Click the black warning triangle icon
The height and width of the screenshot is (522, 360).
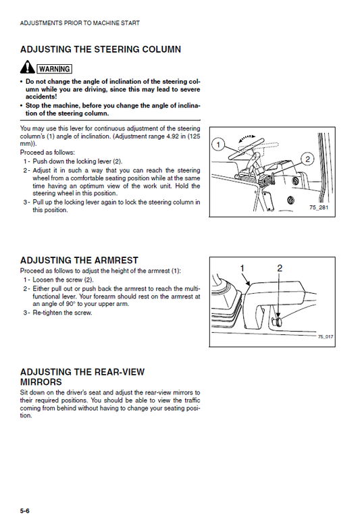point(27,68)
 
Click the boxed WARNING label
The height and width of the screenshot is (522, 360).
point(54,69)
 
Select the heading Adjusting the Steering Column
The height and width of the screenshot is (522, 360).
point(101,49)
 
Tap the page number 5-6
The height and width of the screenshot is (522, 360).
point(24,511)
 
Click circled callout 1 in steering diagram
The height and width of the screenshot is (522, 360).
point(218,145)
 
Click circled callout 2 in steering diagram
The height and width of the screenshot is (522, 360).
point(307,159)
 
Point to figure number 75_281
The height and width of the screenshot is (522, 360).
point(319,207)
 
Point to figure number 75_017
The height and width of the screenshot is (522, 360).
point(325,336)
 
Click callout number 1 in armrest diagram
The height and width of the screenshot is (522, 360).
point(242,268)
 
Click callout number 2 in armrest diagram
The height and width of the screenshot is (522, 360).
point(280,268)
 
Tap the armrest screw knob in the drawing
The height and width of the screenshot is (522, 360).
point(277,322)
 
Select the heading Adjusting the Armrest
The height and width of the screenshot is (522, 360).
point(79,260)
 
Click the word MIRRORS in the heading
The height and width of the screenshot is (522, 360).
point(41,382)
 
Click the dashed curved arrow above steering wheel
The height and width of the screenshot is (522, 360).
point(247,138)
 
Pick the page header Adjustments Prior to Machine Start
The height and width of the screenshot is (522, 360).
point(80,23)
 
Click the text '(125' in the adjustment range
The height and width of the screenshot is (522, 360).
point(194,136)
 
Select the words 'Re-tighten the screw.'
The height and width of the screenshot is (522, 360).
point(62,313)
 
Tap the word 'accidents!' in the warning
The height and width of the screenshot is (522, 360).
point(41,97)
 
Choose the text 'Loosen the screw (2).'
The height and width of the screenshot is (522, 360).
point(63,280)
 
